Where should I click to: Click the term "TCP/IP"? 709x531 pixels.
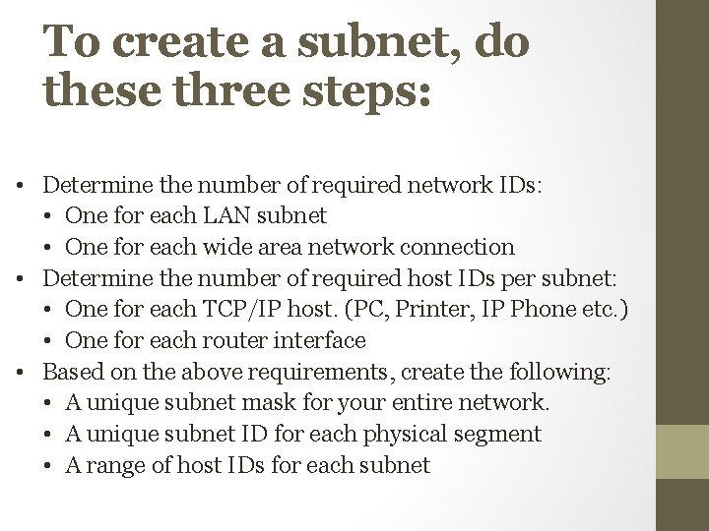pos(246,309)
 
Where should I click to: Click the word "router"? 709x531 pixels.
pos(226,340)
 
